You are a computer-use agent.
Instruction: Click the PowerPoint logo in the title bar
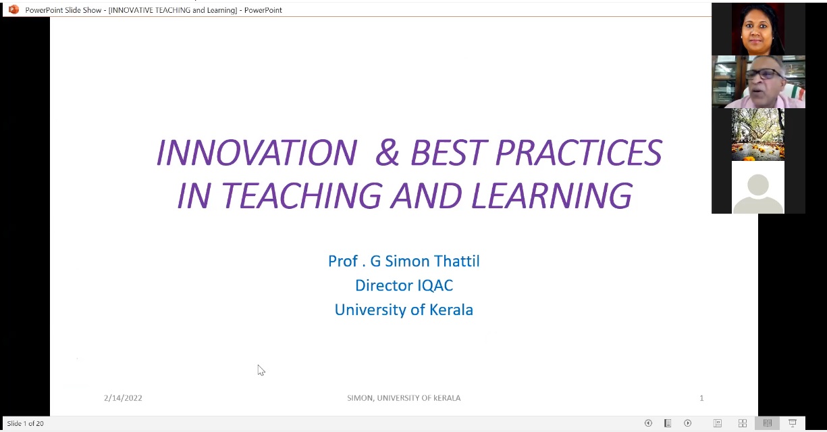coord(14,9)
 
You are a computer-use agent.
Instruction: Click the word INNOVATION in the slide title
coord(257,152)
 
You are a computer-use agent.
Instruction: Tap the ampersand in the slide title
coord(388,152)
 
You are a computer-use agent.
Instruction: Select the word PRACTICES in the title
coord(579,152)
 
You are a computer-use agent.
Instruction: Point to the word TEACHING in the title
coord(301,195)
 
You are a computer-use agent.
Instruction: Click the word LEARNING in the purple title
coord(552,195)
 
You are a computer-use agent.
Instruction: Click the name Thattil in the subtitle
coord(456,261)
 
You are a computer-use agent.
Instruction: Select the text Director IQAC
coord(404,285)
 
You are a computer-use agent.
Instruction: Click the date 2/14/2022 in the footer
coord(123,398)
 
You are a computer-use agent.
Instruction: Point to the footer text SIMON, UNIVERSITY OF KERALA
coord(404,398)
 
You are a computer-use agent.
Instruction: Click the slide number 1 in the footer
coord(701,398)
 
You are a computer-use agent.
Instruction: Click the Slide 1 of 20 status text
coord(26,423)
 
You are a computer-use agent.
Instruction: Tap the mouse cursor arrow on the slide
coord(261,370)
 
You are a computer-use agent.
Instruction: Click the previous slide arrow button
coord(648,423)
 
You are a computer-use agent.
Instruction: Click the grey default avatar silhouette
coord(758,193)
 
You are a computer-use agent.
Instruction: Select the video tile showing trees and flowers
coord(758,135)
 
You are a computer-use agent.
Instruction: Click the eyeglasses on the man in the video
coord(765,74)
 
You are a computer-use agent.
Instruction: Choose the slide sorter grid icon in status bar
coord(743,423)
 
